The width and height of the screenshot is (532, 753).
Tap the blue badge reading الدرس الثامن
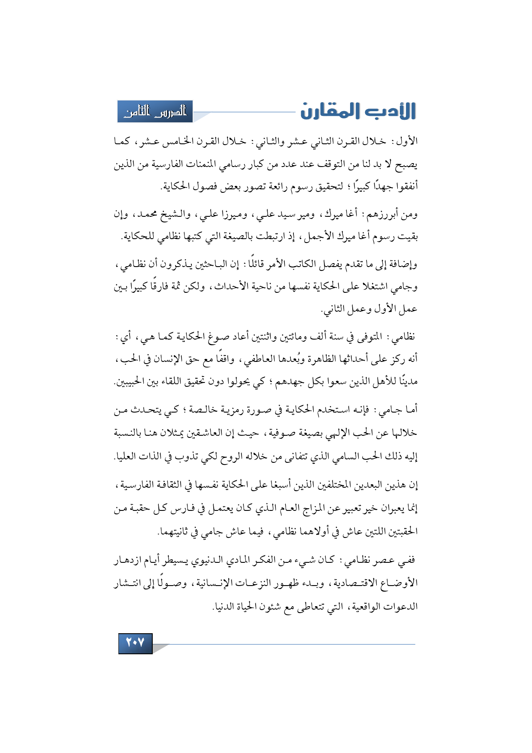click(x=155, y=112)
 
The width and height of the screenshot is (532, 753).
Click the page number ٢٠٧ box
click(x=135, y=643)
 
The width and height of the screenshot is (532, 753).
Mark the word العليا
click(x=127, y=456)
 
